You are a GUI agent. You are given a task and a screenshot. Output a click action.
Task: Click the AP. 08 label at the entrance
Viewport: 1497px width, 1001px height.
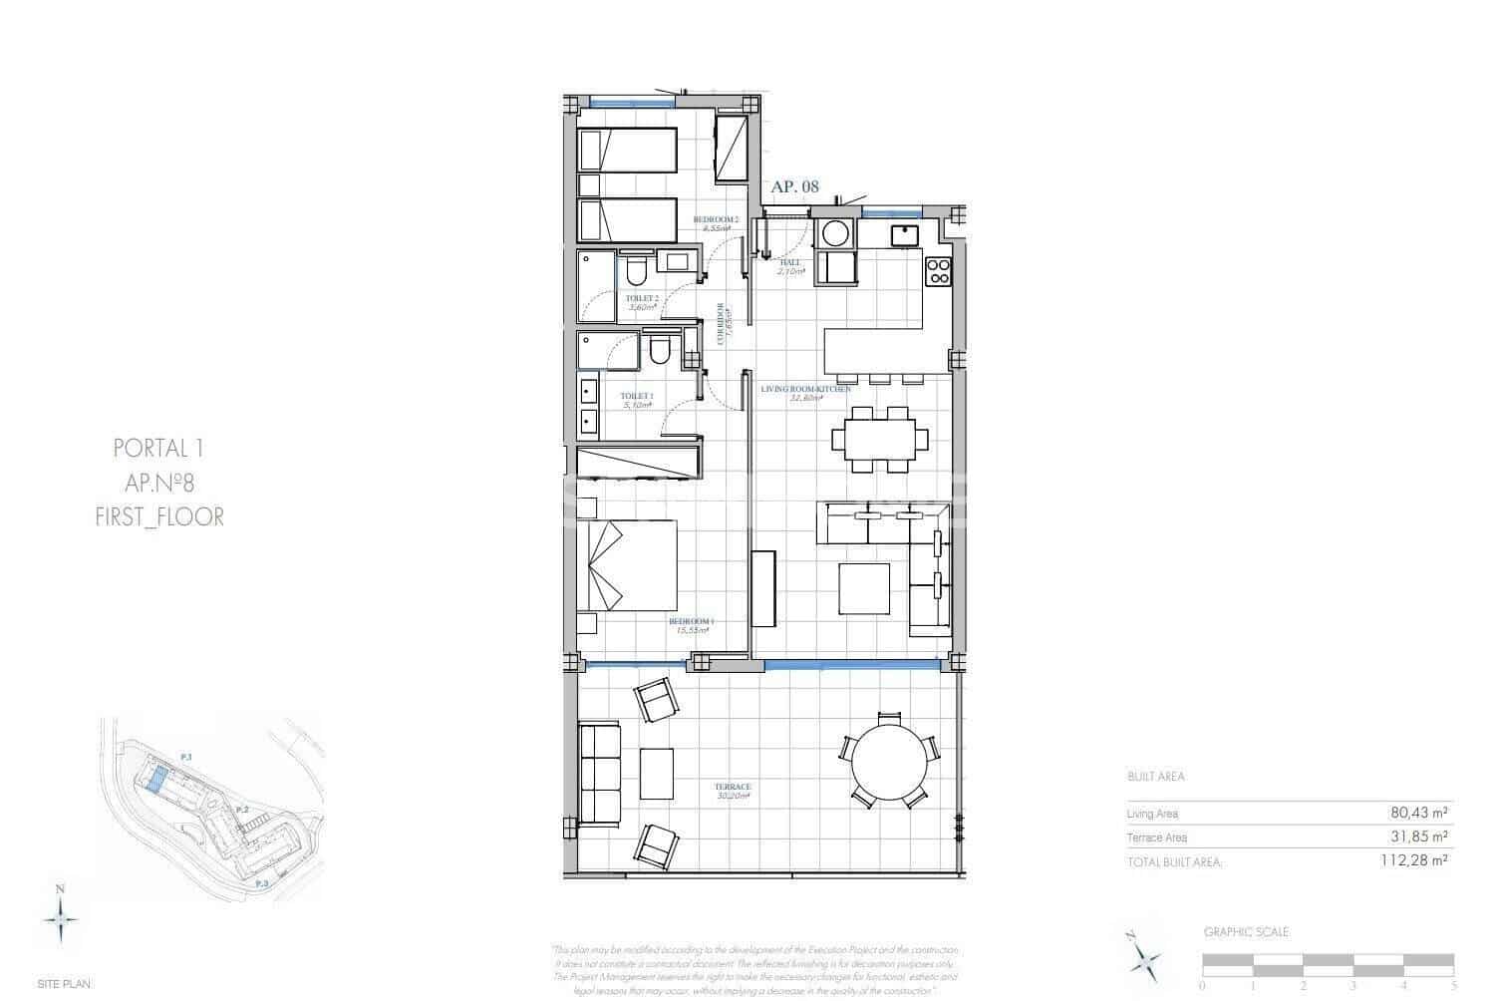pyautogui.click(x=794, y=186)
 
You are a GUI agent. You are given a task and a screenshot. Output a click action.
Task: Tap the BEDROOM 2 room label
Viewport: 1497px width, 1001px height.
pyautogui.click(x=715, y=219)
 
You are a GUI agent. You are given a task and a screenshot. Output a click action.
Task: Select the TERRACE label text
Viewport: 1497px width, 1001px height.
pyautogui.click(x=733, y=787)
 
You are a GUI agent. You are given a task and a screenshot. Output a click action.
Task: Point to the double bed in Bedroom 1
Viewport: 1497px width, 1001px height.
pyautogui.click(x=627, y=565)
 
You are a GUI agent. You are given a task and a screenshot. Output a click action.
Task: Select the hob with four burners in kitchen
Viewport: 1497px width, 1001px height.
pyautogui.click(x=939, y=271)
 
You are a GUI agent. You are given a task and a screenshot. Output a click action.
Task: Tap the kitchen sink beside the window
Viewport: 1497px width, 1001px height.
pyautogui.click(x=905, y=235)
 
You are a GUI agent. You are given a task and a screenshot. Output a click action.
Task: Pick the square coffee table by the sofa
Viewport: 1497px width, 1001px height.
pyautogui.click(x=863, y=589)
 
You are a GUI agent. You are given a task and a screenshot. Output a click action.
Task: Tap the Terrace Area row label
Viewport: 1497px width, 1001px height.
pyautogui.click(x=1156, y=837)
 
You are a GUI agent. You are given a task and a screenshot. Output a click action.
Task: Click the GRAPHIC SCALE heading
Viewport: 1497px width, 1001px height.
pyautogui.click(x=1246, y=932)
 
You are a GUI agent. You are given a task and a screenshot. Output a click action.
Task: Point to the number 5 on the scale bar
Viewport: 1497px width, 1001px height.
pyautogui.click(x=1454, y=985)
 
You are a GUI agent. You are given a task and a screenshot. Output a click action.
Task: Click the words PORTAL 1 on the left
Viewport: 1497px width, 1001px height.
pyautogui.click(x=159, y=449)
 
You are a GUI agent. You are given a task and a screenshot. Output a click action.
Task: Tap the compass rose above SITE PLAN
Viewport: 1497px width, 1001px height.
pyautogui.click(x=61, y=914)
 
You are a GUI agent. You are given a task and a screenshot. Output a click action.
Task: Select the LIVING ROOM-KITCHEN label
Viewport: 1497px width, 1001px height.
pyautogui.click(x=805, y=389)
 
